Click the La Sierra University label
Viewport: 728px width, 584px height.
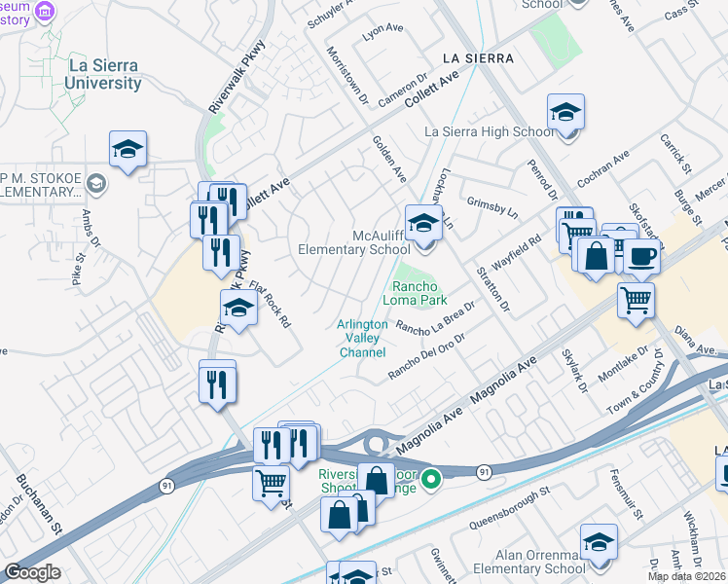[x=103, y=75]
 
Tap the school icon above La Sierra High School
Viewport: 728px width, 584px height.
[x=565, y=113]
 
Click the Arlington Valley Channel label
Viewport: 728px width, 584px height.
[x=362, y=338]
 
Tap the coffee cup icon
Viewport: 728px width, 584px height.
[x=641, y=256]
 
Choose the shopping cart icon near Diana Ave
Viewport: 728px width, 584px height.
[x=636, y=302]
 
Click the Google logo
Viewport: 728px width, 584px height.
[x=32, y=572]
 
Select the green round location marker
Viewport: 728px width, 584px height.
[x=436, y=477]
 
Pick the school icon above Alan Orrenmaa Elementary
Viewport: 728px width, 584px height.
[x=599, y=542]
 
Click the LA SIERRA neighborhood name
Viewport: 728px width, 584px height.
[x=477, y=58]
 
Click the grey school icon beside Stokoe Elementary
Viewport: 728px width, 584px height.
[x=96, y=182]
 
